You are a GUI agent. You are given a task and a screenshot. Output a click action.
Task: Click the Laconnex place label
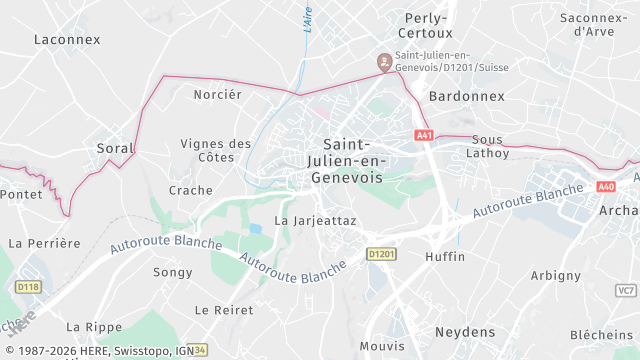(67, 40)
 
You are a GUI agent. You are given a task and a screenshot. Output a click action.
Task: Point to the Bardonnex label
(461, 97)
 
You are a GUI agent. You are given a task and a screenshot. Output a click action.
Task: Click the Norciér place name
(217, 95)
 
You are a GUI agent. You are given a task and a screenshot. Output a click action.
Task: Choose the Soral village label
(115, 148)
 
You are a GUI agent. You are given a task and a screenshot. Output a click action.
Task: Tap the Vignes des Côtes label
(216, 150)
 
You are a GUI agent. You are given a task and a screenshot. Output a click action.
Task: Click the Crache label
(191, 190)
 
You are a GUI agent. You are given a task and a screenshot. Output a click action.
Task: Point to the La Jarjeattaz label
(315, 220)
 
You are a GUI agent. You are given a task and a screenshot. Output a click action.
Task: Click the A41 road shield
(424, 135)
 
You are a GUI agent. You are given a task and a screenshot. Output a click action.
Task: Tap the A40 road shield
(606, 187)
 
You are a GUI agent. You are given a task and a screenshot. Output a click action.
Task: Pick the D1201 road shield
(380, 255)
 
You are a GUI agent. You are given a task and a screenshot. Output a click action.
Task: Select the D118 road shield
(27, 287)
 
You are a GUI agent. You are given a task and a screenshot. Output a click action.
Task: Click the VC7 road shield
(626, 290)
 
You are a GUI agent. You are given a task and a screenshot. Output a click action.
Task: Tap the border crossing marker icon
(383, 62)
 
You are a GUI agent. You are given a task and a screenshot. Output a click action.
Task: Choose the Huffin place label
(445, 257)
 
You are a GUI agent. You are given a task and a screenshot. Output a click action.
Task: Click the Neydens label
(465, 331)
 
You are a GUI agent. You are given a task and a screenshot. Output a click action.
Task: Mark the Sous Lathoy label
(490, 146)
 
